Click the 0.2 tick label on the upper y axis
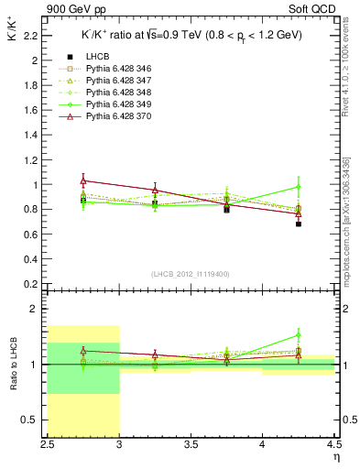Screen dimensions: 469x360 tap(34, 283)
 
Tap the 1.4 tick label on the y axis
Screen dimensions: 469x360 tap(34, 135)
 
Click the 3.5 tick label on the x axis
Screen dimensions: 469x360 tap(191, 444)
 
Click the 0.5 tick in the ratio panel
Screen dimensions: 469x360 tap(34, 420)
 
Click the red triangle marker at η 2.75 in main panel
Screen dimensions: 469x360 tap(83, 180)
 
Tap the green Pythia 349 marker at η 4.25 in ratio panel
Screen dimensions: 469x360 tap(299, 334)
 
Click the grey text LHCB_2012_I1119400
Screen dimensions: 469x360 tap(191, 273)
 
